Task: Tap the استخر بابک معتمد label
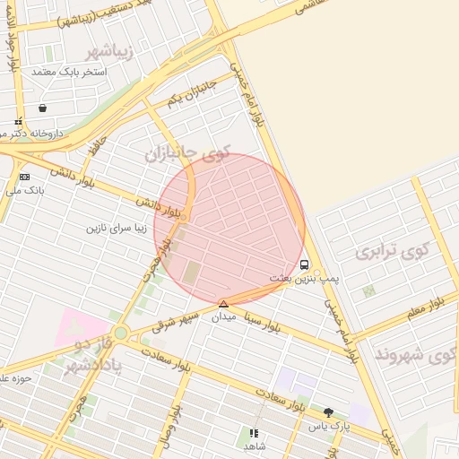click(69, 71)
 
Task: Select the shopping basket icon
click(43, 108)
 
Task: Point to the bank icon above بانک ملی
click(23, 177)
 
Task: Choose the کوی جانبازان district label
click(187, 153)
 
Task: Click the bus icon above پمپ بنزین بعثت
click(305, 265)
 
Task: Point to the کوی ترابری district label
click(393, 250)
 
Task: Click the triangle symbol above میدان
click(223, 304)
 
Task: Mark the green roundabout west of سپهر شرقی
click(120, 333)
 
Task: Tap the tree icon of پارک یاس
click(328, 412)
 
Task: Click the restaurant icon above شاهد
click(253, 433)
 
